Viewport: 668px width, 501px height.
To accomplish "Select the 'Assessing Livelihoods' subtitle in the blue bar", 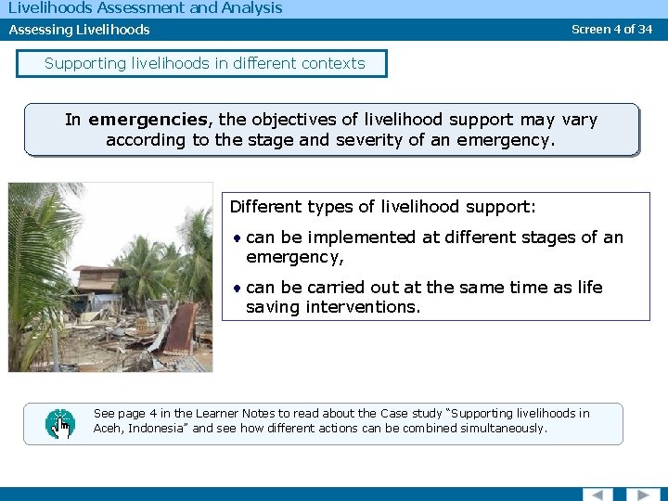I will tap(79, 30).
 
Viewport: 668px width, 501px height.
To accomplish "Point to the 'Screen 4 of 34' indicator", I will tap(611, 29).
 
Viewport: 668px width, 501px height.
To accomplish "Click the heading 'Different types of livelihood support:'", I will tap(382, 206).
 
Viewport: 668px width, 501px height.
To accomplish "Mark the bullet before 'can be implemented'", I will tap(238, 238).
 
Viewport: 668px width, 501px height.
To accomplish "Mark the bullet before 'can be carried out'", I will tap(238, 288).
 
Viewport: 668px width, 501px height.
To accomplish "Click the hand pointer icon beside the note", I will tap(60, 424).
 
